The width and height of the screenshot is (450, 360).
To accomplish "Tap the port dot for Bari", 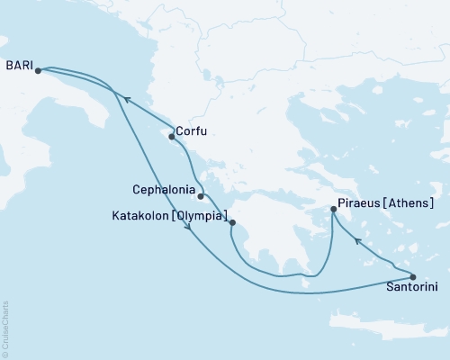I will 38,70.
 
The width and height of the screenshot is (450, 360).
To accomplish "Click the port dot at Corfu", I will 172,137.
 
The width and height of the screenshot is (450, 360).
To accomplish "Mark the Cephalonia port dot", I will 202,196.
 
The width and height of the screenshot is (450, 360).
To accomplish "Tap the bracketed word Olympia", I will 196,216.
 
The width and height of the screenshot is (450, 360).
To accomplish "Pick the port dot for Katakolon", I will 232,222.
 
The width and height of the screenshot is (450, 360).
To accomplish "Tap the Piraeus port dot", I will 334,210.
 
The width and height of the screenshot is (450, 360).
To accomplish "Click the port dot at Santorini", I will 413,277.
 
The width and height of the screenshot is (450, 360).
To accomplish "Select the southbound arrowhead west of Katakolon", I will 188,230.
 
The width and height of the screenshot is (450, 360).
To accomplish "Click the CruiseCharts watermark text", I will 4,328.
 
